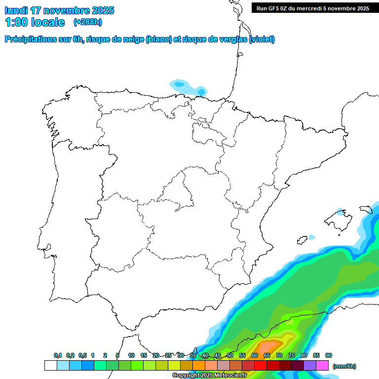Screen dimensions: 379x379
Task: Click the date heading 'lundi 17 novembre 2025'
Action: pos(59,10)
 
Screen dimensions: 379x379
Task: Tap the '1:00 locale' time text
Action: pos(35,22)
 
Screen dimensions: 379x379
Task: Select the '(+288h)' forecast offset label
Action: pos(88,22)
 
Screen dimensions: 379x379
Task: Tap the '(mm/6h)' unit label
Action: pos(344,366)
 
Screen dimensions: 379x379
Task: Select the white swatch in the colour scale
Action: pos(50,366)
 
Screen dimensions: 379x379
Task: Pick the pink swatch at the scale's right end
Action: pos(322,366)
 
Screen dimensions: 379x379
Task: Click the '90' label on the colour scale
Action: pos(329,355)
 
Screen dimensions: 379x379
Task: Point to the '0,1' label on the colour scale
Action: pos(58,355)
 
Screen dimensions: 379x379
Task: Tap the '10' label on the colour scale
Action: pos(131,355)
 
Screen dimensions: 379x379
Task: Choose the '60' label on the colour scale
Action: pos(255,355)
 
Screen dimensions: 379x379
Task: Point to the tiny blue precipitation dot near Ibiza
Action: pos(311,237)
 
